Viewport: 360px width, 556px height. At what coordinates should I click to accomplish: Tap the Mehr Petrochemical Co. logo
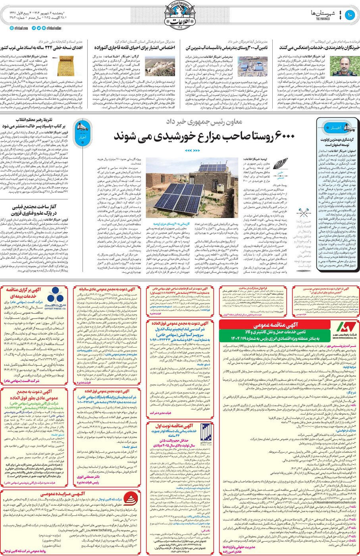346,330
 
